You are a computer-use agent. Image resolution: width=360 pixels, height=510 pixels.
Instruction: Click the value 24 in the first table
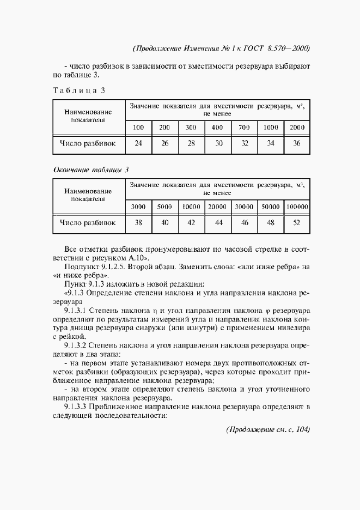click(138, 144)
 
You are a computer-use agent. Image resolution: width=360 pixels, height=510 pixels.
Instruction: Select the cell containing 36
click(297, 144)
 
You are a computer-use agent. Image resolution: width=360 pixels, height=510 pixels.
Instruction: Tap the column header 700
click(244, 127)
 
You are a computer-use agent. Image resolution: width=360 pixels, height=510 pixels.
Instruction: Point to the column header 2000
click(297, 127)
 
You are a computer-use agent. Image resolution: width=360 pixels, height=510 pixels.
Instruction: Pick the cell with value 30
click(218, 144)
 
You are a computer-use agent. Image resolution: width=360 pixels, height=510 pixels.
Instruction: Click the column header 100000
click(297, 207)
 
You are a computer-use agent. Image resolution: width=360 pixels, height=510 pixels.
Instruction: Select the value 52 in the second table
click(297, 223)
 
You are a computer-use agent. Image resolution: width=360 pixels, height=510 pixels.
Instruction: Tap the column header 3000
click(138, 207)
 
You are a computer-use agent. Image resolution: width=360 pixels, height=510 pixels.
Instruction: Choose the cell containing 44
click(218, 223)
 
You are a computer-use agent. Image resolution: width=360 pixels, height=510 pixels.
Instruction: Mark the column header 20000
click(218, 207)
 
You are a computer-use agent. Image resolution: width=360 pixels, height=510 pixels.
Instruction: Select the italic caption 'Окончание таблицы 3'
click(90, 169)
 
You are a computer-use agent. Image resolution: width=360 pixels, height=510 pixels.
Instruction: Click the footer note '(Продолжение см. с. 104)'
click(267, 429)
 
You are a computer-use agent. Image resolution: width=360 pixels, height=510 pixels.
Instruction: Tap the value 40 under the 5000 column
click(165, 223)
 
